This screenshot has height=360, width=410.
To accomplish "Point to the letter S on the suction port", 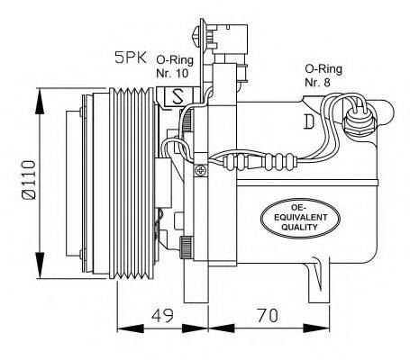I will [x=178, y=94].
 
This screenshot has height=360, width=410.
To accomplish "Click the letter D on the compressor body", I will [x=309, y=119].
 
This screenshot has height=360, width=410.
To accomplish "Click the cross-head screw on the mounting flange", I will [x=203, y=166].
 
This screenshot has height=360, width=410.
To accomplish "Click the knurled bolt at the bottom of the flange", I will [x=186, y=246].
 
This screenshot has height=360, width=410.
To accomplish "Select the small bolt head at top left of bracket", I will [x=198, y=35].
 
